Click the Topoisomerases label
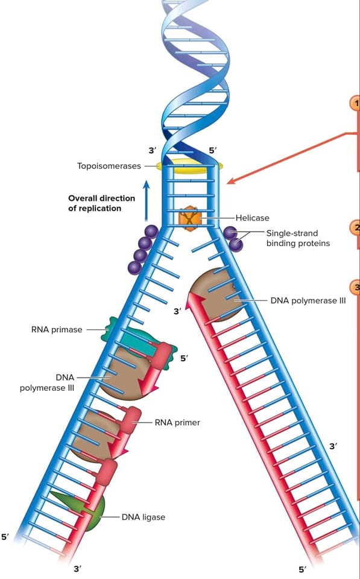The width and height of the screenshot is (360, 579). click(x=109, y=166)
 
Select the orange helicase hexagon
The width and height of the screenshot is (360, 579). click(x=189, y=218)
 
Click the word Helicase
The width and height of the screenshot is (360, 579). click(x=253, y=218)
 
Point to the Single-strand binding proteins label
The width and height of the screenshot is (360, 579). click(x=298, y=238)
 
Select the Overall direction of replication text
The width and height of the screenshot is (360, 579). click(x=101, y=203)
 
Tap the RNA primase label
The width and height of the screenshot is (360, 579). click(x=57, y=329)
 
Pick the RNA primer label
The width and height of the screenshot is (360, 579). click(x=177, y=422)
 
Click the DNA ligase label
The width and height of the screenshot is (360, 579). click(x=144, y=517)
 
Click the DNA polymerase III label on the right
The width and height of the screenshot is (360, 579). click(x=308, y=300)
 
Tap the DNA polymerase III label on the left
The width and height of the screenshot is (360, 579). click(x=47, y=383)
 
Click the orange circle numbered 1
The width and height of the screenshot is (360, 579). click(x=355, y=104)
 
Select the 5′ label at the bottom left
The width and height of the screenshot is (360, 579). click(x=5, y=537)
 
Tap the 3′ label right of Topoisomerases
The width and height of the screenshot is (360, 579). click(x=153, y=150)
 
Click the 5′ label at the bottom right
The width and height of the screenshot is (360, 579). click(x=302, y=569)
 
